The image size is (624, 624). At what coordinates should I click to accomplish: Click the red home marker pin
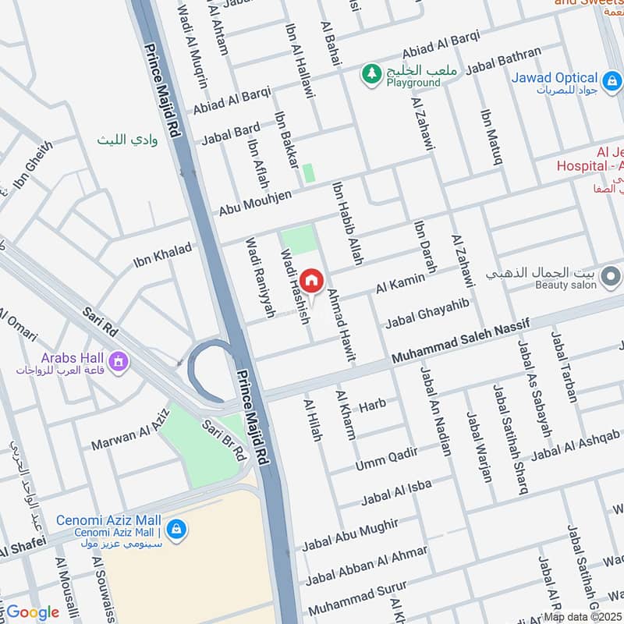click(311, 281)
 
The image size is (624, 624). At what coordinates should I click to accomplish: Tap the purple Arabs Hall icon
click(118, 362)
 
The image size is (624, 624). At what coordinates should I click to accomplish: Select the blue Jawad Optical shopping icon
click(612, 80)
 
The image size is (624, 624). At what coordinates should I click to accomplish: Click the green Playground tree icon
click(370, 73)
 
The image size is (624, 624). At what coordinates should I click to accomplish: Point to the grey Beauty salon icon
click(612, 275)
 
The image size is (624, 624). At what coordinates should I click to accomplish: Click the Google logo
click(33, 612)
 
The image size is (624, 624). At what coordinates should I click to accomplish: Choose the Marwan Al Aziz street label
click(130, 434)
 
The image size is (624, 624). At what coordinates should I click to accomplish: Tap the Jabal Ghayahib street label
click(427, 312)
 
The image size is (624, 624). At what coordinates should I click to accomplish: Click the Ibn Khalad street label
click(162, 255)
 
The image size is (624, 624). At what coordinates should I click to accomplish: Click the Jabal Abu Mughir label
click(350, 534)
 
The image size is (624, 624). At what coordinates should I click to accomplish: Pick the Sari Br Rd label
click(225, 440)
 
